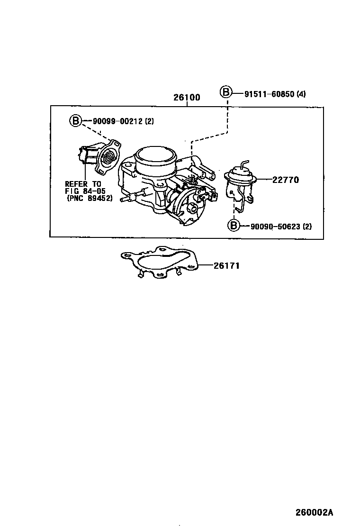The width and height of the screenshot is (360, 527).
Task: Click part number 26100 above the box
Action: point(187,98)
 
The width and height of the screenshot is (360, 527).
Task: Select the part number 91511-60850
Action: point(269,94)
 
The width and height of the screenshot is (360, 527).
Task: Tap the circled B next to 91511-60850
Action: point(226,93)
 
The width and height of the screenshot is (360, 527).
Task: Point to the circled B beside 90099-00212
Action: point(75,121)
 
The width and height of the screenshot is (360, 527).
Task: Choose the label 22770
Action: point(286,180)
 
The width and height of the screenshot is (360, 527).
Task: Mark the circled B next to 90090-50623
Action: point(234,226)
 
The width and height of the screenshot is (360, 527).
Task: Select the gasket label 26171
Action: point(226,266)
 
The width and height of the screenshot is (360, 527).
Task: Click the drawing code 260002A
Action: point(315,512)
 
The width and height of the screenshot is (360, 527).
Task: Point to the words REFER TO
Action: point(83,184)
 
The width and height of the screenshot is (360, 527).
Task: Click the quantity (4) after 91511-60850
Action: point(301,94)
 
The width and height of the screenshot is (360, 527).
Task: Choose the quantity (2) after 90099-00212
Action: point(149,121)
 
